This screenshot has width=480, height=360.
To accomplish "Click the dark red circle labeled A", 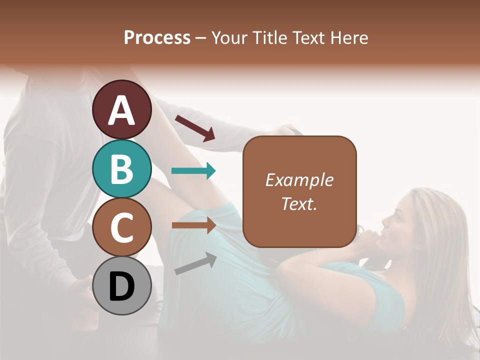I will point(121,109).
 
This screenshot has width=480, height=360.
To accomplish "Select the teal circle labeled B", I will point(121,168).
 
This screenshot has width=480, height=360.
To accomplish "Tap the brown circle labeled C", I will point(121,227).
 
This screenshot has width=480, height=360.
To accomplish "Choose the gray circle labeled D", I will point(121,285).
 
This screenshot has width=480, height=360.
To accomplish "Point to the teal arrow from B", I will point(193,171).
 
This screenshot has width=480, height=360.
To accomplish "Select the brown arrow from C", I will point(193,225).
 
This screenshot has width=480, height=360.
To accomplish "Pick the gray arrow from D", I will point(195,264).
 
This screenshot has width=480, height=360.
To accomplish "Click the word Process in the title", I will point(157,38).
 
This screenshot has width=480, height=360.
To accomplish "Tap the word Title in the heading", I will point(268,38).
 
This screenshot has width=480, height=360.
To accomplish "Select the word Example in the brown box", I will point(299,180).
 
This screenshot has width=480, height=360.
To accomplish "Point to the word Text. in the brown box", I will point(299,203).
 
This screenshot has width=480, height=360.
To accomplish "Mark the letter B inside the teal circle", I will point(121,168).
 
